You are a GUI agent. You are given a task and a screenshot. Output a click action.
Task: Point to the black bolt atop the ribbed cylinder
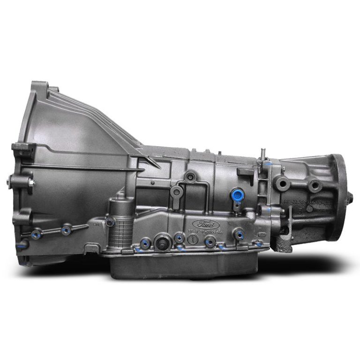tap(110, 222)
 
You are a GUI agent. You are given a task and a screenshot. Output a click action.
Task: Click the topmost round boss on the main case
tap(190, 177)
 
